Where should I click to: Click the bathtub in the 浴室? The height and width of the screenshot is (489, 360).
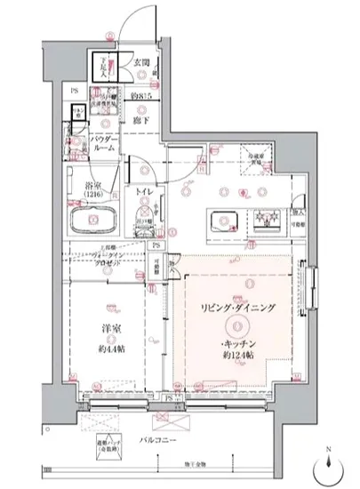click(x=96, y=220)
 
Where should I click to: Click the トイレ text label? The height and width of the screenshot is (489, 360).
click(x=142, y=190)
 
